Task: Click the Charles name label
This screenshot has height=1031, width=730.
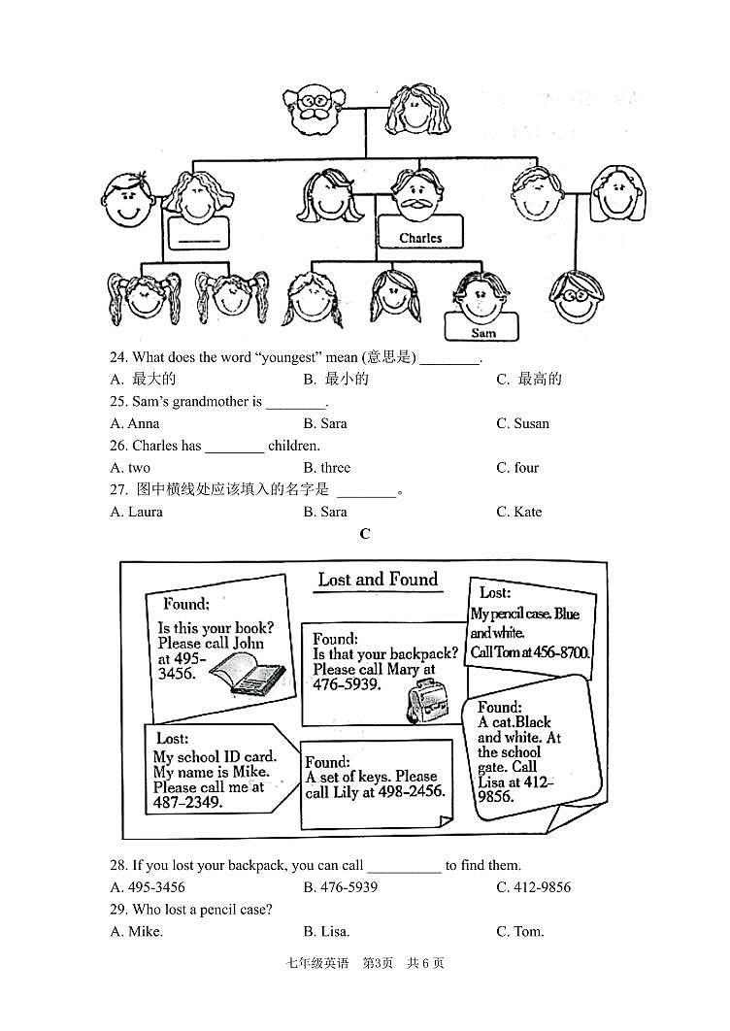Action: pyautogui.click(x=420, y=237)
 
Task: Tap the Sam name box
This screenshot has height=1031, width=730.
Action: pyautogui.click(x=482, y=332)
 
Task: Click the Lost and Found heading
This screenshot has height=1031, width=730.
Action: pyautogui.click(x=378, y=580)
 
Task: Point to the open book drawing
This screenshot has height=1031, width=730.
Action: pyautogui.click(x=247, y=673)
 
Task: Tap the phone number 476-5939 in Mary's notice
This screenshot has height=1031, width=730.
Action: pyautogui.click(x=347, y=683)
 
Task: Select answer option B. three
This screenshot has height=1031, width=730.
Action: pyautogui.click(x=326, y=468)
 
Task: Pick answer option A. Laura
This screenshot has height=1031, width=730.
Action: pyautogui.click(x=137, y=512)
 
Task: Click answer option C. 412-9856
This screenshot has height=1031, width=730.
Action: pyautogui.click(x=533, y=887)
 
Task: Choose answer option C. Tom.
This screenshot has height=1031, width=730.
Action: pyautogui.click(x=519, y=932)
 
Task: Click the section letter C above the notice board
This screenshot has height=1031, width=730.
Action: pyautogui.click(x=365, y=534)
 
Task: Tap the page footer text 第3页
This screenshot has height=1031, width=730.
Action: pyautogui.click(x=377, y=963)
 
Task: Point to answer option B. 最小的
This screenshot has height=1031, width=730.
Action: pyautogui.click(x=336, y=380)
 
